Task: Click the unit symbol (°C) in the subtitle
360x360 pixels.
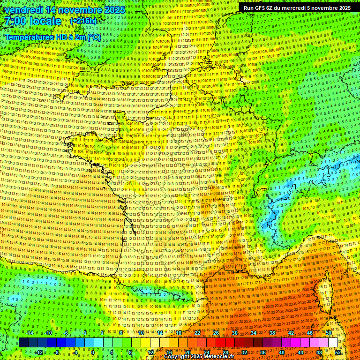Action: click(x=93, y=37)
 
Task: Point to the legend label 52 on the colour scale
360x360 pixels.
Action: click(x=338, y=352)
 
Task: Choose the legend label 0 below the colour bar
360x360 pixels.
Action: click(x=93, y=352)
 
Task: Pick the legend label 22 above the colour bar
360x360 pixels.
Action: click(x=197, y=333)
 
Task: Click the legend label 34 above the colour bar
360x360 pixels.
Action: click(x=254, y=333)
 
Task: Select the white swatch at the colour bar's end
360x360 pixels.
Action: click(x=333, y=343)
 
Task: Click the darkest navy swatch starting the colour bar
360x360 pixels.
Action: click(x=23, y=343)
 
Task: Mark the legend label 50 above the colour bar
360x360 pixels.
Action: click(x=329, y=333)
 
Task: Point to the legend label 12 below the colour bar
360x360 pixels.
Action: click(x=150, y=352)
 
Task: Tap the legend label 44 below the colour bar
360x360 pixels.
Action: click(x=300, y=352)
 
